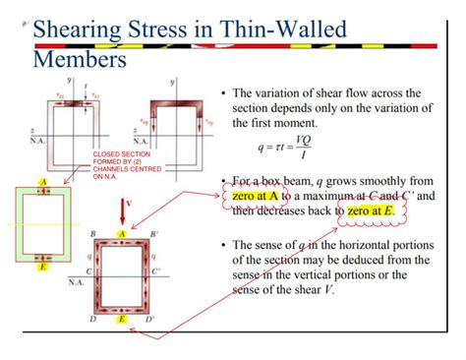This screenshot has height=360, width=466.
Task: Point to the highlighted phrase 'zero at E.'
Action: tap(371, 210)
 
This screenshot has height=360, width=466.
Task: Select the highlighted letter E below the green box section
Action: tap(43, 266)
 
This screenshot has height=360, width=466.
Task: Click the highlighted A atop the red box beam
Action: tap(122, 234)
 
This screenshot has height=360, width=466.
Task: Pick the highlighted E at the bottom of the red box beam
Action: tap(121, 320)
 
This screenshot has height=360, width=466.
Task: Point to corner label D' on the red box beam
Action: tap(151, 321)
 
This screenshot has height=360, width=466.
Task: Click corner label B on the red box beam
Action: tap(92, 235)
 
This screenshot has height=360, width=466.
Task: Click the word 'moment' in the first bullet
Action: tap(285, 123)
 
